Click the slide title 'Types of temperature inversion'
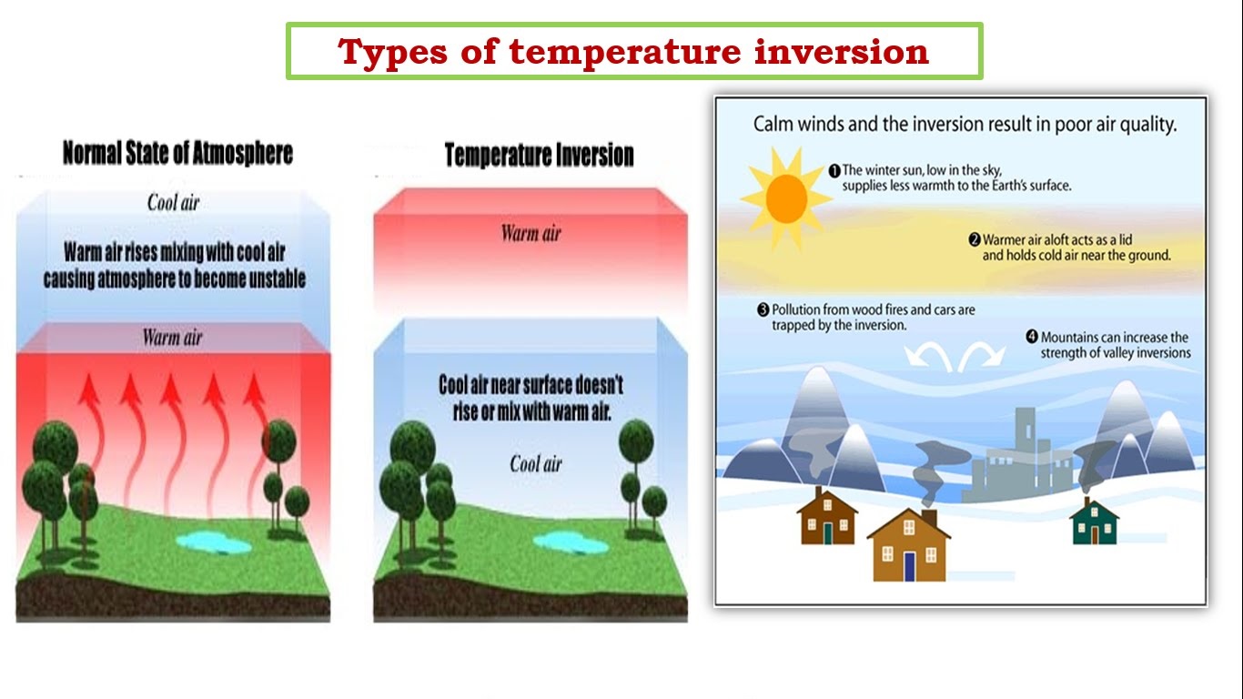(633, 52)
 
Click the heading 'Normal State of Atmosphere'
(177, 153)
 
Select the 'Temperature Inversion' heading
(539, 155)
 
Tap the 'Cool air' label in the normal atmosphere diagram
(173, 203)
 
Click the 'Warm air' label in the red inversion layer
(531, 233)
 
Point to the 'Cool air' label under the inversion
(535, 464)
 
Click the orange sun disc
(786, 198)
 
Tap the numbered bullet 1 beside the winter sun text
(834, 170)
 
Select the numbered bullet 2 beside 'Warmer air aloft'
(975, 240)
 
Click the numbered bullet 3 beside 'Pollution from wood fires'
(763, 309)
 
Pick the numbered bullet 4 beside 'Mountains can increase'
(1032, 337)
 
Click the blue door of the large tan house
(909, 566)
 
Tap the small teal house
(1094, 523)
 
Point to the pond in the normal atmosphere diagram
(214, 542)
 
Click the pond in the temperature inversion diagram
(571, 542)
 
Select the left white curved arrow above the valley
(928, 355)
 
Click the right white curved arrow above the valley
(981, 355)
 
